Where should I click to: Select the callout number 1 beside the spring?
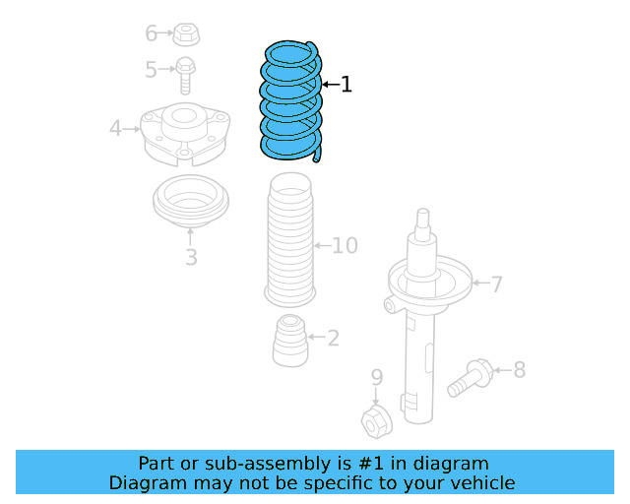(x=346, y=85)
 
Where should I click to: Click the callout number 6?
(x=152, y=33)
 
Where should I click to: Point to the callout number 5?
(x=152, y=70)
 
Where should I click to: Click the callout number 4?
(x=115, y=128)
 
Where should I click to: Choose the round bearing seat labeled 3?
(x=191, y=204)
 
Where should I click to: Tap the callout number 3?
(x=191, y=258)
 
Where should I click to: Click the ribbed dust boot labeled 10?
(x=289, y=241)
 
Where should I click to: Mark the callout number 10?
(x=345, y=245)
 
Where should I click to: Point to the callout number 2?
(x=333, y=339)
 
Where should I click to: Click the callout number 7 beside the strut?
(x=497, y=284)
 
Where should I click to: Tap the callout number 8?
(x=519, y=370)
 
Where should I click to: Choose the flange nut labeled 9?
(x=376, y=421)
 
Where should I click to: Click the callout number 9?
(x=376, y=377)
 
